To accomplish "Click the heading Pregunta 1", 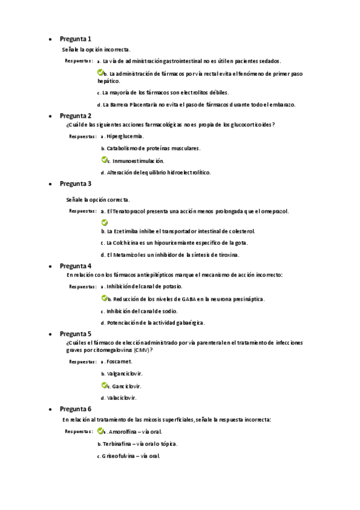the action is (x=76, y=38).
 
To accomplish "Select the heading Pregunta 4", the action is (x=76, y=265).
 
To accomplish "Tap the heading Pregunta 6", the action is (x=76, y=408).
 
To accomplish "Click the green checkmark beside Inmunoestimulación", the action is (x=104, y=160).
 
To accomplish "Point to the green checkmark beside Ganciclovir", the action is (x=104, y=386).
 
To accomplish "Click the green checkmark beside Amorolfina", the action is (x=100, y=431).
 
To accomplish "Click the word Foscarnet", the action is (x=119, y=362).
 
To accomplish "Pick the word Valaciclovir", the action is (x=122, y=398).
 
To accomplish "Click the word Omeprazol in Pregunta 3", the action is (x=273, y=212).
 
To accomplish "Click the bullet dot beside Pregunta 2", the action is (x=49, y=116).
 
